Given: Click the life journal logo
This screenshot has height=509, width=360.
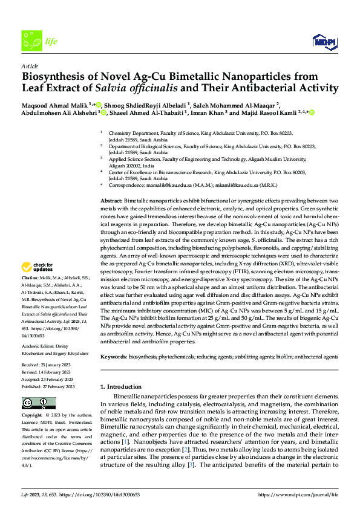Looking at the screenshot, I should tap(36, 41).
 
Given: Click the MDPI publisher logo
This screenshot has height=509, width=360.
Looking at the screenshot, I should tap(323, 41).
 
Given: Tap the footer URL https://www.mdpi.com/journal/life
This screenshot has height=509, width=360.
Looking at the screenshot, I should tap(296, 494).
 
